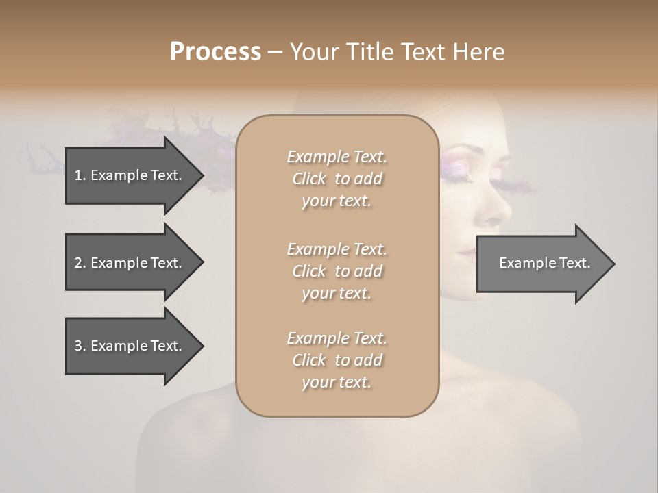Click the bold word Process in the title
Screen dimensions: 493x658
click(x=215, y=52)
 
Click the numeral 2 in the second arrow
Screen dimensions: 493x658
click(x=78, y=263)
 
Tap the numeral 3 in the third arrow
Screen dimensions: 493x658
click(x=78, y=346)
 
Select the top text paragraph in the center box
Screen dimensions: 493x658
click(x=337, y=179)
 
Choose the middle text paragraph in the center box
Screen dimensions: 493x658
click(x=337, y=270)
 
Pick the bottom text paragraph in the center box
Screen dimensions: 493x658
click(x=337, y=360)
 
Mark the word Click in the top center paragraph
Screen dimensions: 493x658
click(x=309, y=179)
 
